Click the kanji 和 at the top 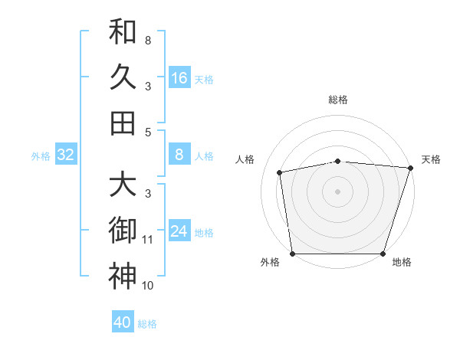(123, 32)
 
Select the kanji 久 (123, 77)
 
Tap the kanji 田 (123, 123)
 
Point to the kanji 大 (123, 184)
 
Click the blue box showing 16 (179, 77)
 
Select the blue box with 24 (179, 232)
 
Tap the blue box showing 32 (66, 155)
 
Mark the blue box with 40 (123, 322)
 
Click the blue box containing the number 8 (179, 155)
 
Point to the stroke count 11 (148, 240)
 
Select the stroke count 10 (148, 286)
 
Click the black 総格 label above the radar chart (338, 100)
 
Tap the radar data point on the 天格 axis (410, 169)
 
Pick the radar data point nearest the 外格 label (292, 254)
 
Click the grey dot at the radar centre (338, 191)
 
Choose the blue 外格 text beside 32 (41, 156)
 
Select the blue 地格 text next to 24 (204, 233)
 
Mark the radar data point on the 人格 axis (280, 172)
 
